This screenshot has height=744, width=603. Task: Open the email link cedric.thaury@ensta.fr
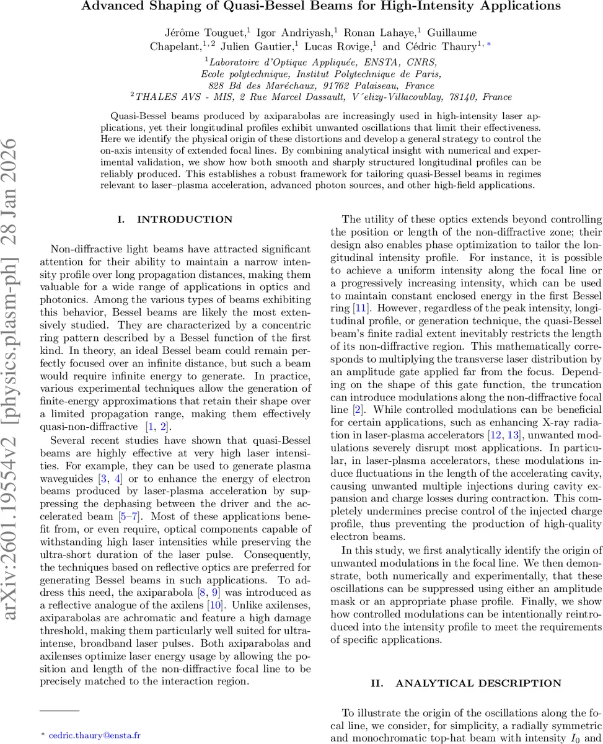point(94,735)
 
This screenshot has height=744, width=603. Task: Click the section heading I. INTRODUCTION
point(175,219)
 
